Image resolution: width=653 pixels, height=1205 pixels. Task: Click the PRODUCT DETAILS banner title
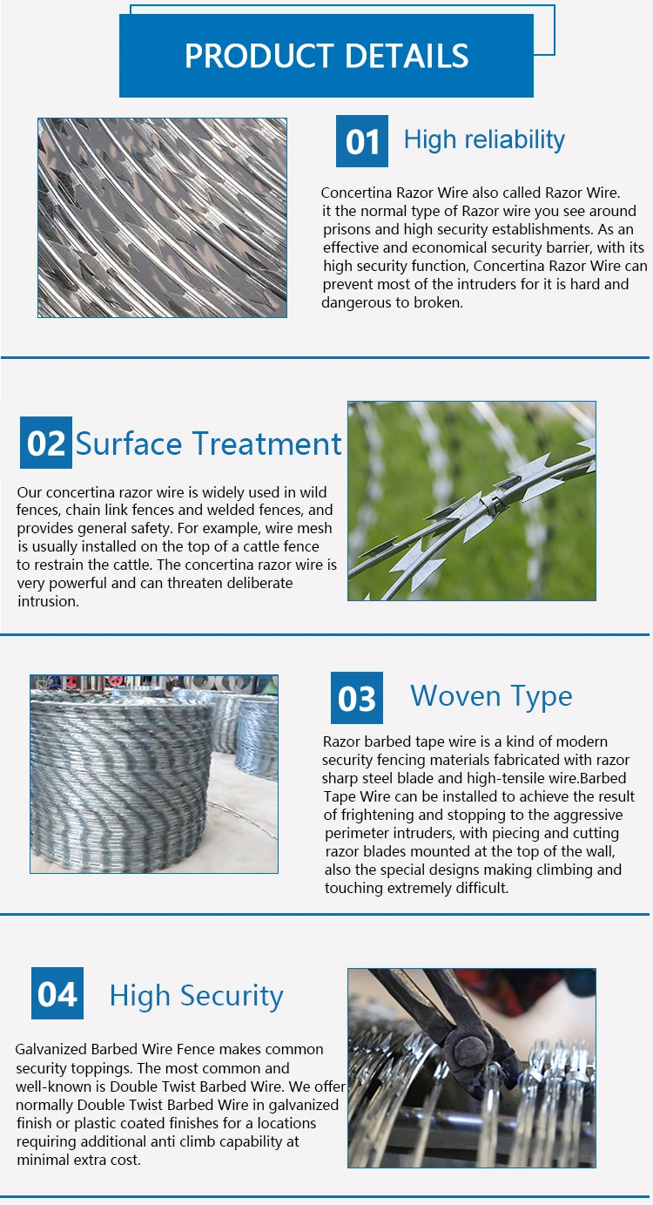coord(326,56)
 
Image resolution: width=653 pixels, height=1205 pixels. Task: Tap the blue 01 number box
coord(361,141)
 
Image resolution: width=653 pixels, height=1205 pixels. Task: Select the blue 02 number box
coord(45,443)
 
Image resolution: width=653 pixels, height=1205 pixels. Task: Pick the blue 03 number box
coord(357,698)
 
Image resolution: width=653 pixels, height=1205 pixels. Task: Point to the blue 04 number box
coord(57,993)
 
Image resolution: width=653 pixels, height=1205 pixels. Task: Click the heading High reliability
coord(484,140)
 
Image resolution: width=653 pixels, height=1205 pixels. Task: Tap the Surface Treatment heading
coord(208,443)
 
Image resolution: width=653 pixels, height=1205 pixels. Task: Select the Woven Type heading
coord(491,696)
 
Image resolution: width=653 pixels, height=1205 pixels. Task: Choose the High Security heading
coord(196,996)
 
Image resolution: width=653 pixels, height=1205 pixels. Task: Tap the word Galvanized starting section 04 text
coord(51,1049)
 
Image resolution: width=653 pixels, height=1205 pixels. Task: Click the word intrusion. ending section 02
coord(48,601)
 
